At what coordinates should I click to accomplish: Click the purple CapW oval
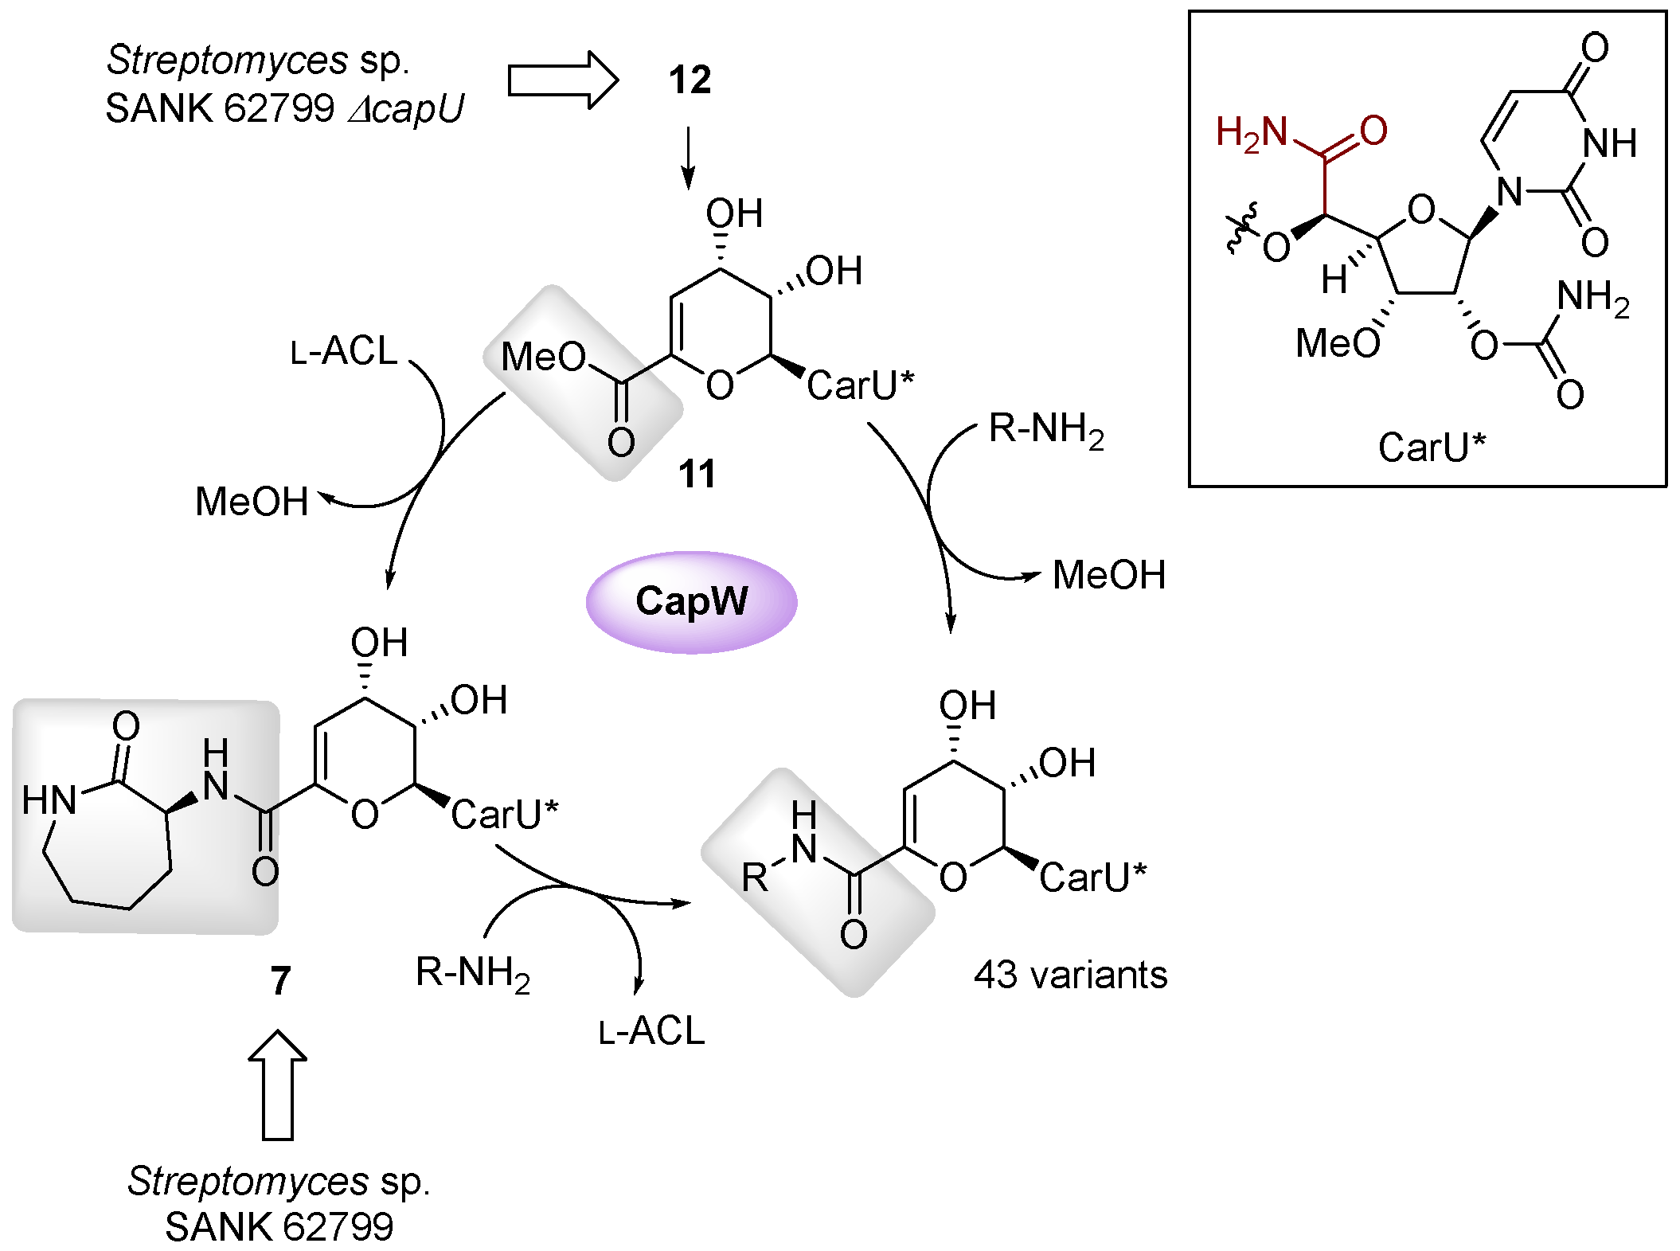[691, 602]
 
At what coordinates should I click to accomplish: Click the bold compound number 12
[690, 80]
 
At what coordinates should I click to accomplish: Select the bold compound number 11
[697, 475]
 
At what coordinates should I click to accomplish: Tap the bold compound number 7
[279, 980]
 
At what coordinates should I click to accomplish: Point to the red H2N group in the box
[1252, 133]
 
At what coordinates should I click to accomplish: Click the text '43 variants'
[1070, 975]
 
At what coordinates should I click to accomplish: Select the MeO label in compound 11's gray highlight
[543, 357]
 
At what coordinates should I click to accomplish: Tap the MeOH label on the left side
[252, 502]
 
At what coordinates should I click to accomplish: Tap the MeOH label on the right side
[1108, 575]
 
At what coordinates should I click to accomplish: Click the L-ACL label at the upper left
[343, 351]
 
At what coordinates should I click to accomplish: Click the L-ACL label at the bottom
[651, 1031]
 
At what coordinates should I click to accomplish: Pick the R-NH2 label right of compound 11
[1045, 430]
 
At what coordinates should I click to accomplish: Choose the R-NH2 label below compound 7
[472, 973]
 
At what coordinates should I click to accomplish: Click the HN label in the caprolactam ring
[49, 800]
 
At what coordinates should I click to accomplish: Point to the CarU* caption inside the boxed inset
[1431, 448]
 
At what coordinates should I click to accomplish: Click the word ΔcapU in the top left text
[406, 109]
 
